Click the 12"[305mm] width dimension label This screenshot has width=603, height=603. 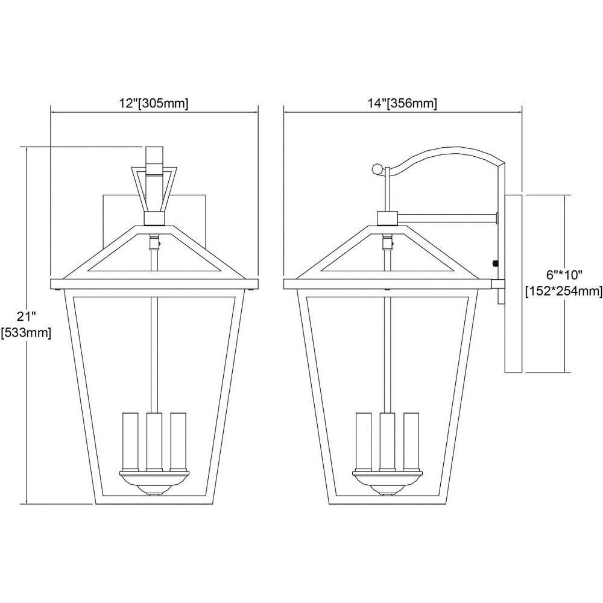coord(153,104)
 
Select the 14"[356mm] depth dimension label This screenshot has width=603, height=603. coord(402,104)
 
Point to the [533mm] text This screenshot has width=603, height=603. coord(26,332)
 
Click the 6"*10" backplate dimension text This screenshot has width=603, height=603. coord(564,275)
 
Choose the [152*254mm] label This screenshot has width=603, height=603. coord(564,291)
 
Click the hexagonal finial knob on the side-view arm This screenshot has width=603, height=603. coord(377,168)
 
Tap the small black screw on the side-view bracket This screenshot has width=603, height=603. coord(496,264)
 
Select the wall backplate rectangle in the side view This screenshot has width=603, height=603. coord(513,284)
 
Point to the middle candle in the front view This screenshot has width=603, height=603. coord(154,441)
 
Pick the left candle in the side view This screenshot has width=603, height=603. coord(364,441)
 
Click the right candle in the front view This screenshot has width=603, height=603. coord(178,441)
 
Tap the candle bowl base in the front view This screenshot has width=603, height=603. coord(154,483)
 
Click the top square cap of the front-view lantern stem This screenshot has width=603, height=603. coord(154,155)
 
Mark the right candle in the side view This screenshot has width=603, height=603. coord(411,441)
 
